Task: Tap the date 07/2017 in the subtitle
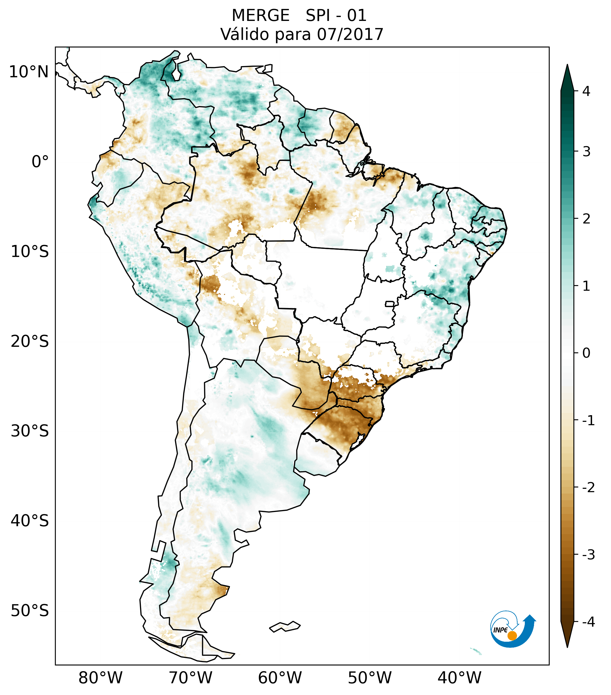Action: coord(350,34)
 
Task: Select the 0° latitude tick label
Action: coord(40,162)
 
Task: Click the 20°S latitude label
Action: coord(30,342)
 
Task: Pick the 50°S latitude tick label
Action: coord(30,611)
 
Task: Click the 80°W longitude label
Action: coord(100,678)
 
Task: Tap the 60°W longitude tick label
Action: coord(280,678)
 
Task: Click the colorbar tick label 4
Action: coord(586,91)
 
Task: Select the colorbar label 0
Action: coord(586,353)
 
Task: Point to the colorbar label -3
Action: coord(588,555)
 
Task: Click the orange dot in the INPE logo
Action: coord(512,636)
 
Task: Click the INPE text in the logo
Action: coord(500,630)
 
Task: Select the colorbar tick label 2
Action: coord(586,219)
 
